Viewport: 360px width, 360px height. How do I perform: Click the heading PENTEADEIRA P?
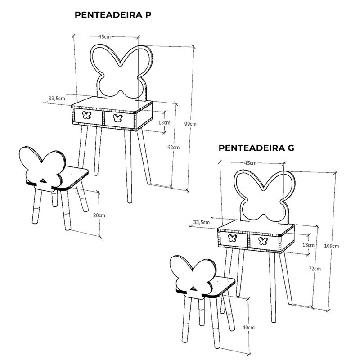pyautogui.click(x=113, y=15)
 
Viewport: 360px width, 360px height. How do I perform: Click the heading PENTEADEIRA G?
pyautogui.click(x=256, y=148)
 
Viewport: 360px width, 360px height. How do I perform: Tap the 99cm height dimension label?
pyautogui.click(x=190, y=124)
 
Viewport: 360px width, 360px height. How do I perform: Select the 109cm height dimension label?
pyautogui.click(x=331, y=246)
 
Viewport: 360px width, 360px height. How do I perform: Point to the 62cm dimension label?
pyautogui.click(x=174, y=148)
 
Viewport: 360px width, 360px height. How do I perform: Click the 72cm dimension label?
pyautogui.click(x=315, y=269)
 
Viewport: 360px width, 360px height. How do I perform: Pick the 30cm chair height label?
pyautogui.click(x=99, y=216)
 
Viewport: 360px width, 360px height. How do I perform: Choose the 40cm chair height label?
pyautogui.click(x=248, y=328)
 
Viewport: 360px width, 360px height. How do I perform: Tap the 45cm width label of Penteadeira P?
pyautogui.click(x=104, y=36)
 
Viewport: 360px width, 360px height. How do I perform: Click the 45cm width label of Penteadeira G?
pyautogui.click(x=250, y=163)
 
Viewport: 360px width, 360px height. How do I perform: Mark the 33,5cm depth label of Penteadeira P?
pyautogui.click(x=57, y=99)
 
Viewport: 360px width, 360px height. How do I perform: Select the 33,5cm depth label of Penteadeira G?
pyautogui.click(x=201, y=222)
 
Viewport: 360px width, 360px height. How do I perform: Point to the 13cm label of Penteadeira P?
pyautogui.click(x=164, y=122)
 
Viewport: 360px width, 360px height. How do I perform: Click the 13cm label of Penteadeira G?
pyautogui.click(x=308, y=245)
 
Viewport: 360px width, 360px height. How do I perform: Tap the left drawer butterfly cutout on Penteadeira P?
pyautogui.click(x=87, y=115)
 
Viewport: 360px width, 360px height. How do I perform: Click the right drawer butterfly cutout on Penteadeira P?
pyautogui.click(x=118, y=118)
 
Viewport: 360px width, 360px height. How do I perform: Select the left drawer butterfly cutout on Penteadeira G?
pyautogui.click(x=233, y=238)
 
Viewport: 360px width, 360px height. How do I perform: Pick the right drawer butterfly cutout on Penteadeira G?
pyautogui.click(x=263, y=241)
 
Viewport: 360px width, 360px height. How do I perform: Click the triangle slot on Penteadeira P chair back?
pyautogui.click(x=43, y=181)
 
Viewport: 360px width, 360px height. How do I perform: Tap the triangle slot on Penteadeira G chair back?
pyautogui.click(x=193, y=288)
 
